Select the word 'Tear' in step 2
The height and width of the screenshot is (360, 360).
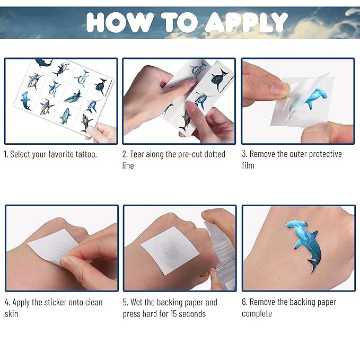click(137, 154)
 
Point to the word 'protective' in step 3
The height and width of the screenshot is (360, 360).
click(326, 154)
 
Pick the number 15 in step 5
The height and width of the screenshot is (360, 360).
click(173, 314)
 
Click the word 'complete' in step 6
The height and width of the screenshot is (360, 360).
click(257, 314)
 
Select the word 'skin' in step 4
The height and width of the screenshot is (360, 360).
click(11, 314)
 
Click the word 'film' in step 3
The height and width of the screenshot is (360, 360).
click(248, 165)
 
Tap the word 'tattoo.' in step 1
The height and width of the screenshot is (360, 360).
click(86, 154)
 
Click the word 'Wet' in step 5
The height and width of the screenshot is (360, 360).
click(137, 302)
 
